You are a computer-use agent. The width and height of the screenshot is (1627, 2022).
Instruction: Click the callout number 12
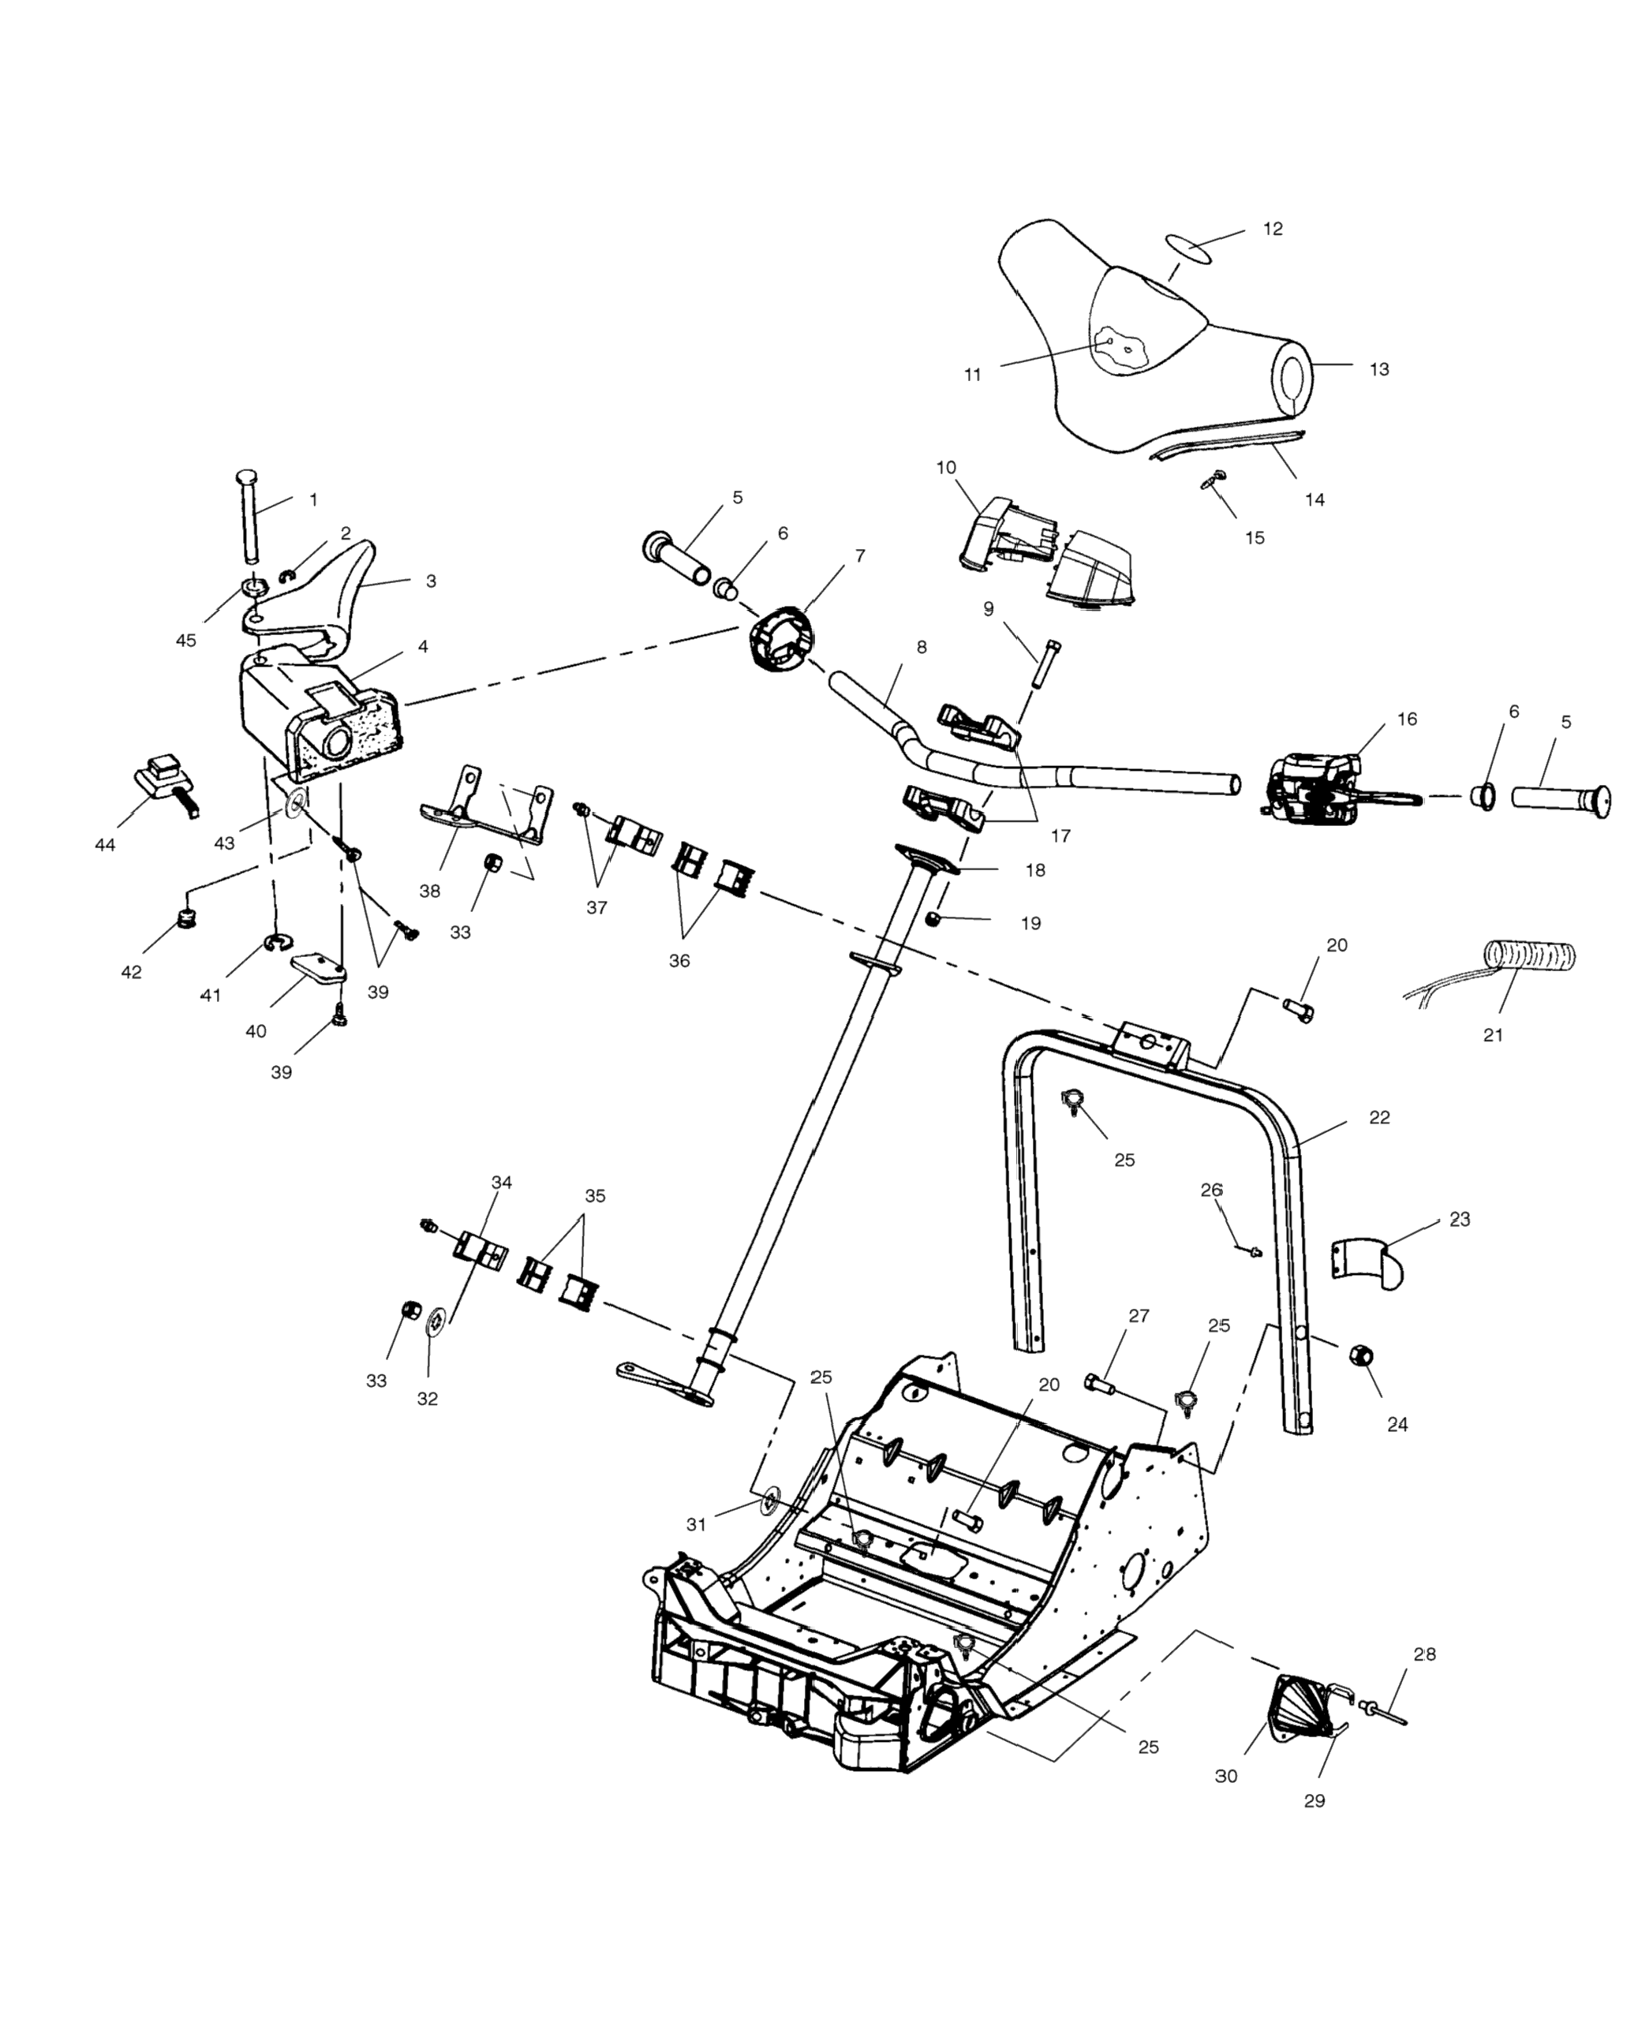tap(1272, 229)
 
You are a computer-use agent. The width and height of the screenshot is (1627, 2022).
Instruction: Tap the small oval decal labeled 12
tap(1188, 248)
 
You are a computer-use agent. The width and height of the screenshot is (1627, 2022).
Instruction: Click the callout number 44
tap(105, 845)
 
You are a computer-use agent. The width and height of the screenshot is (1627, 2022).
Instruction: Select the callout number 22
tap(1378, 1118)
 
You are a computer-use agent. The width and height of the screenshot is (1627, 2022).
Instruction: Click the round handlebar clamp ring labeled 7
tap(781, 640)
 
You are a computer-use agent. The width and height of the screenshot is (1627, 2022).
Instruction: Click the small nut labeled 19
tap(934, 918)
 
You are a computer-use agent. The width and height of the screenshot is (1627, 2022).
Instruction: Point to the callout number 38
tap(429, 891)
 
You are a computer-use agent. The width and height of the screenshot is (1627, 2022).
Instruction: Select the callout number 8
tap(922, 647)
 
